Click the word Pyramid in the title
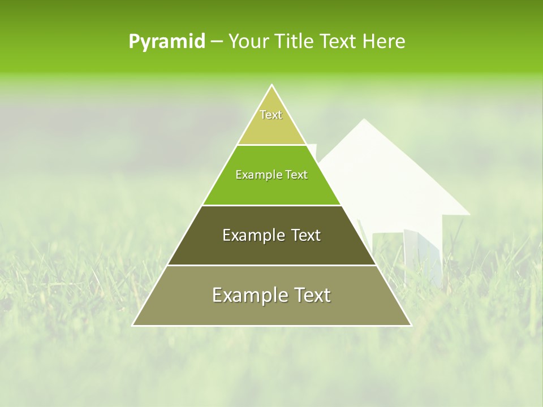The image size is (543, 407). click(x=167, y=42)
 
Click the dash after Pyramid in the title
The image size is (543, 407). click(x=217, y=42)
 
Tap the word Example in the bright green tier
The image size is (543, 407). click(x=257, y=175)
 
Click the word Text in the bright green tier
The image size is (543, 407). click(x=297, y=175)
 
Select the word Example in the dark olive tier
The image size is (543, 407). click(x=252, y=235)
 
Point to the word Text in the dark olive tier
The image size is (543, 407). click(x=306, y=235)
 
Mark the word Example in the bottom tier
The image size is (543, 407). click(x=248, y=295)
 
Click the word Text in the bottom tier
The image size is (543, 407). click(x=312, y=295)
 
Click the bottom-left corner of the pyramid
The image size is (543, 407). click(x=133, y=326)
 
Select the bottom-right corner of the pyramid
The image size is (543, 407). click(x=411, y=326)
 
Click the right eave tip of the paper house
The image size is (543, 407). click(x=469, y=214)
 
